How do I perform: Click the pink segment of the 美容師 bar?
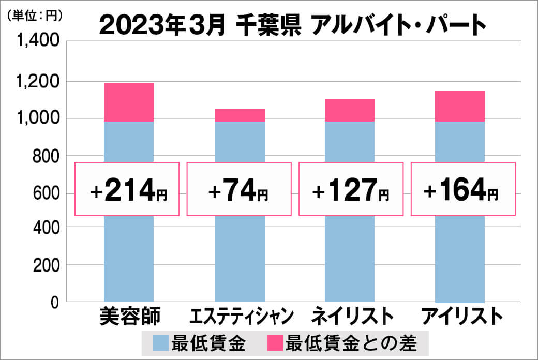129,102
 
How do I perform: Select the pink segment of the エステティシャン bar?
240,115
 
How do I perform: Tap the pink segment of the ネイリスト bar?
350,110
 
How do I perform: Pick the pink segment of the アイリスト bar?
460,106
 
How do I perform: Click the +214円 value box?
128,189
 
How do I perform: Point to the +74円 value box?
239,189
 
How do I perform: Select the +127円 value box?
350,189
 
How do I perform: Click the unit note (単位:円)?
35,16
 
